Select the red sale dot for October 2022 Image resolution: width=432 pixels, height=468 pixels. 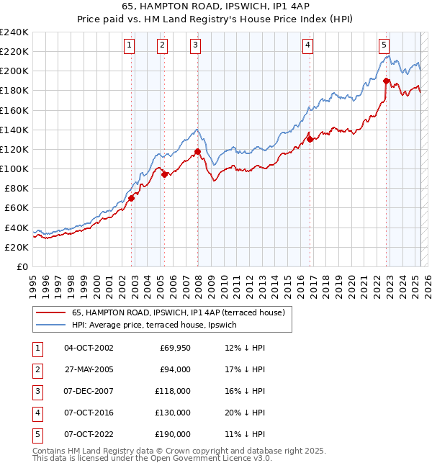(x=387, y=81)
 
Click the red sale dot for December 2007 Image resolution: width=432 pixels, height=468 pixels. (x=197, y=151)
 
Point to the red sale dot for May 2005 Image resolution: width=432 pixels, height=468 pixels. (x=164, y=174)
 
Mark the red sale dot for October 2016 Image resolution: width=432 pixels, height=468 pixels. (x=310, y=139)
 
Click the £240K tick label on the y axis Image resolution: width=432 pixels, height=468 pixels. (x=14, y=32)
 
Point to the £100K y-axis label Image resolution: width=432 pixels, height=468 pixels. (x=14, y=168)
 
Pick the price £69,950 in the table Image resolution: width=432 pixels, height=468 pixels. (x=174, y=348)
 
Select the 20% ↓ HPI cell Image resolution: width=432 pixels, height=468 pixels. (x=245, y=413)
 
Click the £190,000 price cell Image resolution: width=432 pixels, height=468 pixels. (x=173, y=434)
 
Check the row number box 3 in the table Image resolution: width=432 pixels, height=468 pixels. (x=36, y=391)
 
